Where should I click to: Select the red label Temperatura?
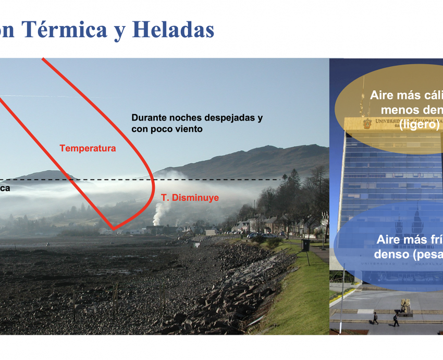[88, 148]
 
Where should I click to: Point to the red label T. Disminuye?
[190, 198]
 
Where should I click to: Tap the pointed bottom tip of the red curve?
[113, 229]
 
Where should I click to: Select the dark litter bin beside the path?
[305, 245]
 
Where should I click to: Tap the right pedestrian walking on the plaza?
[396, 320]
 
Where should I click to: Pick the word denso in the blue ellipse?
[388, 254]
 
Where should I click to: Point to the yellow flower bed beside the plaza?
[341, 293]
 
